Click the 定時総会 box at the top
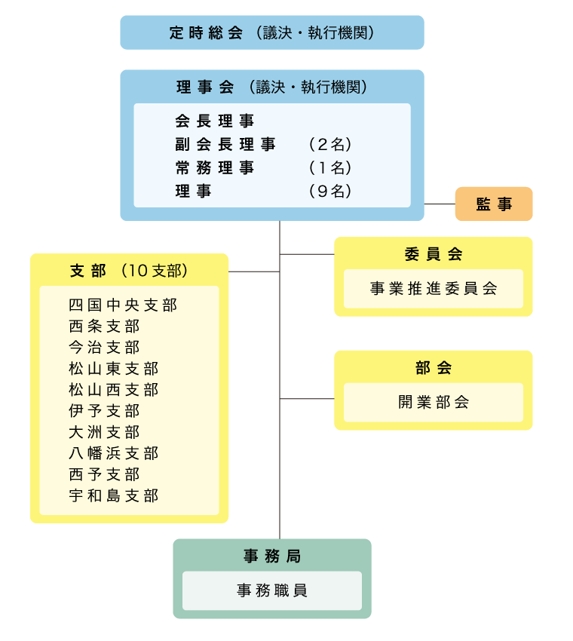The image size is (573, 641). (x=271, y=32)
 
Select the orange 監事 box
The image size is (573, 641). (x=494, y=204)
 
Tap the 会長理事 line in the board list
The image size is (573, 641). (x=215, y=121)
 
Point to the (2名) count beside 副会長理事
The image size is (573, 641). (x=330, y=144)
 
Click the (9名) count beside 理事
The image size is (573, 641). (x=330, y=192)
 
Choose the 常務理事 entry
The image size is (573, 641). (x=215, y=167)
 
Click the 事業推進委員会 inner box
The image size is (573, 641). (x=434, y=289)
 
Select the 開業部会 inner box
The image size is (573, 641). (x=434, y=402)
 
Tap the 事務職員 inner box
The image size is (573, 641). (x=271, y=590)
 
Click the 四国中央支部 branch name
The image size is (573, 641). (x=123, y=305)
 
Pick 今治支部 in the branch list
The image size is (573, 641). (x=104, y=348)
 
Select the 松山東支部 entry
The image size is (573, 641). (x=113, y=369)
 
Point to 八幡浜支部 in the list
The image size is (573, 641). (x=113, y=453)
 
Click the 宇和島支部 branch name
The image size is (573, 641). (x=113, y=495)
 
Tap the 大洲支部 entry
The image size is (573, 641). (x=104, y=432)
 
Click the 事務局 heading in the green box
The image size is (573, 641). (x=271, y=557)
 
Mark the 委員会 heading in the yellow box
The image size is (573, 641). (x=434, y=254)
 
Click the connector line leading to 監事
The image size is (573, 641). (x=440, y=204)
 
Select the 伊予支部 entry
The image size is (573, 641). (x=104, y=411)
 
